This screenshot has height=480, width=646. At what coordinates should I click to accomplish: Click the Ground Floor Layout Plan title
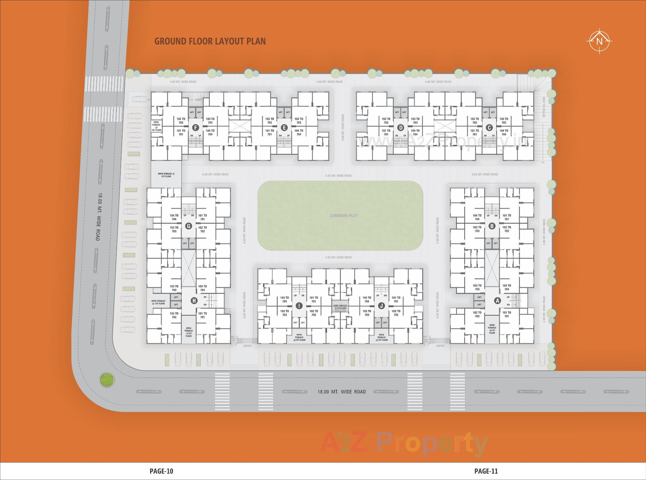[210, 41]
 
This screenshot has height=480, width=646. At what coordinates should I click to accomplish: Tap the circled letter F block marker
[195, 127]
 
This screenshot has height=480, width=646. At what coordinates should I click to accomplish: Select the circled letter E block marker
[284, 127]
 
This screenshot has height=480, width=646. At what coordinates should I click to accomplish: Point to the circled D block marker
[400, 127]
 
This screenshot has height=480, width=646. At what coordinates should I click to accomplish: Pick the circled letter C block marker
[489, 127]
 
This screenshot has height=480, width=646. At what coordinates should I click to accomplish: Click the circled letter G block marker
[188, 226]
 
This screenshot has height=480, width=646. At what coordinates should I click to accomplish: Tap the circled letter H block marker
[194, 301]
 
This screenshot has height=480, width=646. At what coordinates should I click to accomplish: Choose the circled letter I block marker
[299, 306]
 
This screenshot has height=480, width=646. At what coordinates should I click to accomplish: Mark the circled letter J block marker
[381, 306]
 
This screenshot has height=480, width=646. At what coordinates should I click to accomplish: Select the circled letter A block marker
[497, 301]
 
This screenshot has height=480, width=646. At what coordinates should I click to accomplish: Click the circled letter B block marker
[492, 226]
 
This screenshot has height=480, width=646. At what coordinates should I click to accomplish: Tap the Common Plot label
[344, 216]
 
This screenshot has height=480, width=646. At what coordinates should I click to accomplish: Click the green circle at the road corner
[107, 380]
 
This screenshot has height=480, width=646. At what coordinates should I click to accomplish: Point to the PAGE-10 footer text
[161, 471]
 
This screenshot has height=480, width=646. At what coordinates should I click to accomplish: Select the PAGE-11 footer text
[486, 471]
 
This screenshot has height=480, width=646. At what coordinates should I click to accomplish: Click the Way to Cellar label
[544, 107]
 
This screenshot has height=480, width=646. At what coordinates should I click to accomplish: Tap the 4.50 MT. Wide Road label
[338, 176]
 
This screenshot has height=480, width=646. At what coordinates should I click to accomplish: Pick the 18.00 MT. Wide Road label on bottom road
[342, 392]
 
